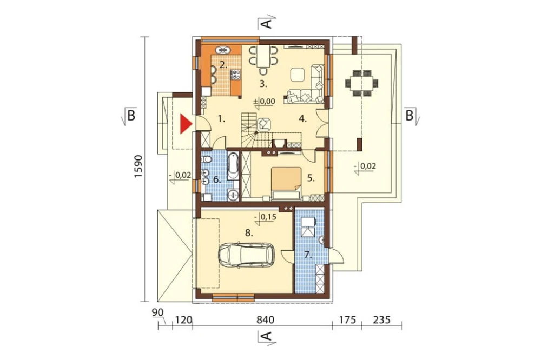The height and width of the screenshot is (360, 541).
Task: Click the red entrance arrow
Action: tap(185, 124)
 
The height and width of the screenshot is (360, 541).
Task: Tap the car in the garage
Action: tap(246, 256)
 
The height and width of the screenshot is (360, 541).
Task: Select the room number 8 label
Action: tap(249, 234)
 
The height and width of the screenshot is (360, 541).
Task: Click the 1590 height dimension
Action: tap(138, 166)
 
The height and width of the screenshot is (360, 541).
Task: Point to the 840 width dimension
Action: tap(265, 319)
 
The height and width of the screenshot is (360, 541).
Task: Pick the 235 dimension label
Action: tap(381, 319)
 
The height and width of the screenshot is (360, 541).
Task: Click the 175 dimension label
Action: tap(347, 319)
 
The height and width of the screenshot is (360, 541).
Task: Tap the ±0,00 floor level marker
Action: tap(265, 102)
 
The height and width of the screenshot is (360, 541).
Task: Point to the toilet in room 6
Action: tap(207, 160)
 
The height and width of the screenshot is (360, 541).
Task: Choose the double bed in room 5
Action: tap(286, 183)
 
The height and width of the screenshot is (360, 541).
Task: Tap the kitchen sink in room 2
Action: tap(223, 50)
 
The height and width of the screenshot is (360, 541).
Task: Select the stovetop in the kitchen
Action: tap(236, 75)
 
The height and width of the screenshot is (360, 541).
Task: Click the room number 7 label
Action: tap(308, 256)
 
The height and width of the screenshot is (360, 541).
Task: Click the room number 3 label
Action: tap(263, 84)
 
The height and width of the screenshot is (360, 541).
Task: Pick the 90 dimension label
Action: tap(157, 312)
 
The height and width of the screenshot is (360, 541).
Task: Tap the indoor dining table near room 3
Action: tap(263, 56)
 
